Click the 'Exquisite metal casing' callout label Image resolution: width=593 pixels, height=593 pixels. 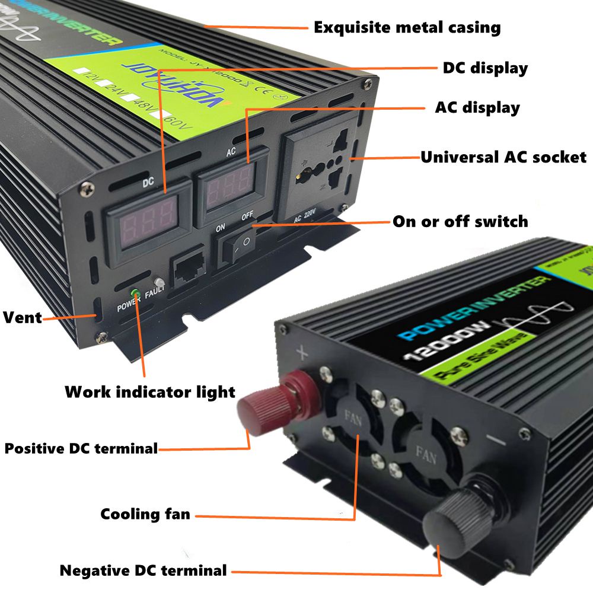(x=407, y=27)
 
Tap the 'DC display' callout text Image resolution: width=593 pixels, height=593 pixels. (x=485, y=68)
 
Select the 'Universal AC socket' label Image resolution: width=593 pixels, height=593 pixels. (x=503, y=157)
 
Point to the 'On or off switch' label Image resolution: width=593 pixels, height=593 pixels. (x=460, y=222)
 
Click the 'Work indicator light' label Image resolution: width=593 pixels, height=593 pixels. (x=149, y=392)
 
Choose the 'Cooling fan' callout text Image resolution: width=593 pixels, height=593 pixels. (x=145, y=514)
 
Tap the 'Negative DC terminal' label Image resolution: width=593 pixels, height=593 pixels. (x=143, y=571)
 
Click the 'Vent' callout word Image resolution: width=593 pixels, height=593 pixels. (x=23, y=317)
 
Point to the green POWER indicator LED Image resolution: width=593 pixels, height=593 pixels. (x=135, y=293)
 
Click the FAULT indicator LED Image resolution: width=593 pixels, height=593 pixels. (x=158, y=283)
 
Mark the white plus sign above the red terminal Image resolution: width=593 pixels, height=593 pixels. (x=302, y=353)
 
